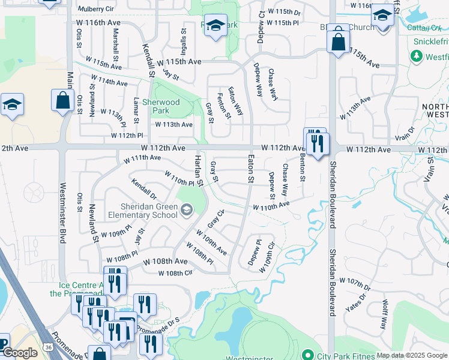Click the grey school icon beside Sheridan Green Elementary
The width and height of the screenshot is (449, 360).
pyautogui.click(x=187, y=209)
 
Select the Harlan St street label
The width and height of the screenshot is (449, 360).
pyautogui.click(x=197, y=170)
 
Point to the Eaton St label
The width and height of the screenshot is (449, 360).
pyautogui.click(x=251, y=169)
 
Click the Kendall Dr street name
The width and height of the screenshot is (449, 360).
pyautogui.click(x=144, y=188)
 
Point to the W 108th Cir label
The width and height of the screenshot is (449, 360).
pyautogui.click(x=175, y=274)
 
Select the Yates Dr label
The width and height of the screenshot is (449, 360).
pyautogui.click(x=355, y=304)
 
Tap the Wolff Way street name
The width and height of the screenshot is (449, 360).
pyautogui.click(x=384, y=314)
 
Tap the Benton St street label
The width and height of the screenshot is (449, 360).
pyautogui.click(x=303, y=167)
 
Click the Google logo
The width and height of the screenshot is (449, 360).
pyautogui.click(x=20, y=353)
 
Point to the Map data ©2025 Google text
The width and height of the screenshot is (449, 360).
pyautogui.click(x=412, y=355)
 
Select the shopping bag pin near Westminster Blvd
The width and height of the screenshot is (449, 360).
pyautogui.click(x=62, y=101)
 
